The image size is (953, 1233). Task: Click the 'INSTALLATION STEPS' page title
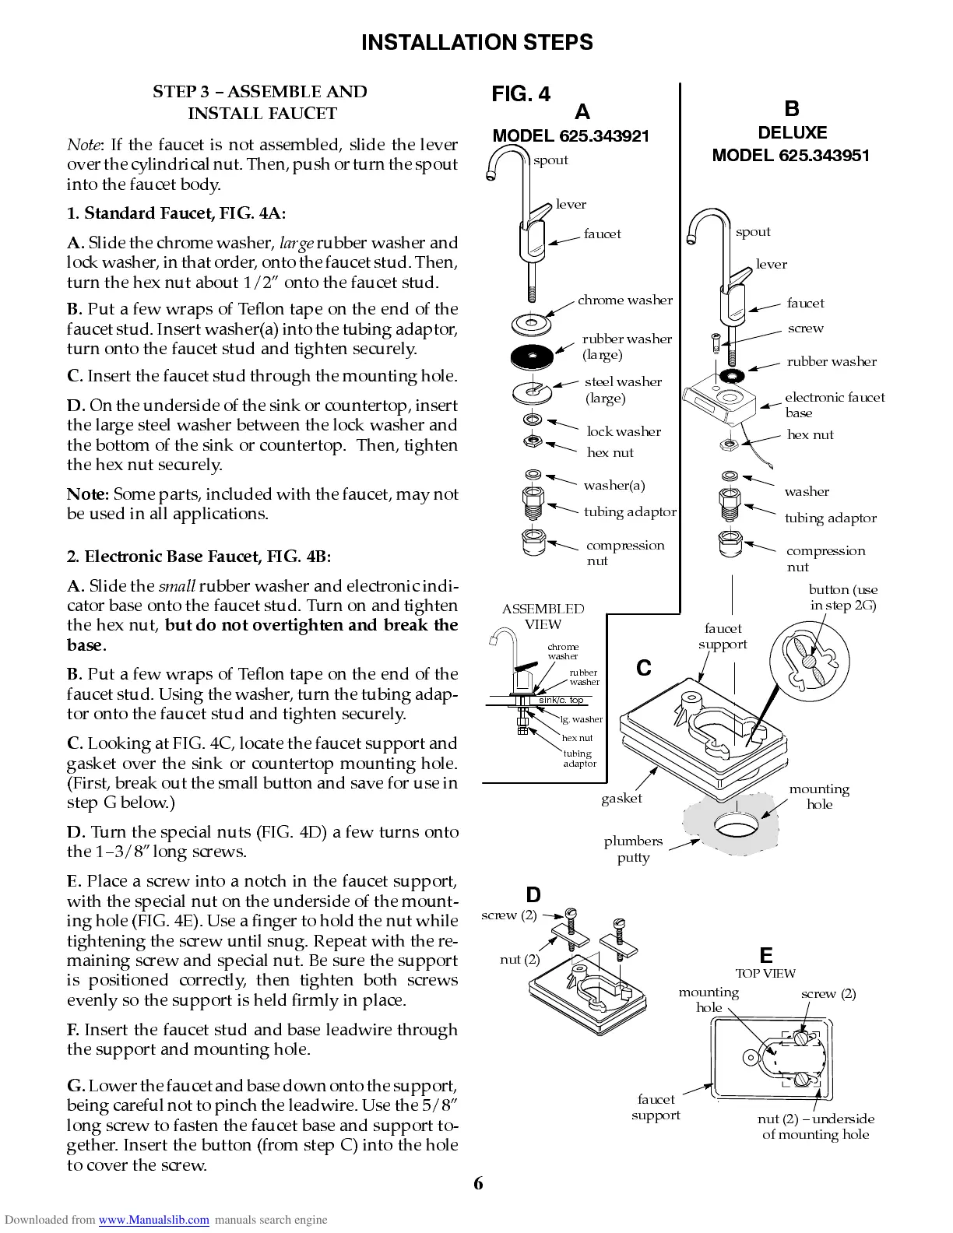click(476, 42)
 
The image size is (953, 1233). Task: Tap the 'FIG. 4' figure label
click(520, 94)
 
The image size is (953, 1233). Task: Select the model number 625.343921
click(571, 136)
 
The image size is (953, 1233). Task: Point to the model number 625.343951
click(790, 155)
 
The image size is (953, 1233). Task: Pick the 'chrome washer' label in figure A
click(624, 300)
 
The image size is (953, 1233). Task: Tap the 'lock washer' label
click(624, 431)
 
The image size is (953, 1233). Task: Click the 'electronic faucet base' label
click(834, 405)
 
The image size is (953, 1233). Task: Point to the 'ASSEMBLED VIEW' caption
click(543, 616)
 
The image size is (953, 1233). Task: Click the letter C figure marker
click(643, 668)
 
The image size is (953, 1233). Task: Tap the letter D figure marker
click(533, 895)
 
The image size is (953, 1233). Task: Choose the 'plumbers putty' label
click(633, 849)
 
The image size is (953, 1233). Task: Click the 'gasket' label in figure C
click(621, 798)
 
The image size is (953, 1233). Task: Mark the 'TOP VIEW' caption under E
click(765, 973)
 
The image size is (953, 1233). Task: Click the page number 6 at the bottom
click(477, 1184)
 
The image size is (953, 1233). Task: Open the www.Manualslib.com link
click(153, 1220)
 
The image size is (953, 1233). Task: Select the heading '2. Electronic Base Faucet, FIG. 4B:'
click(199, 557)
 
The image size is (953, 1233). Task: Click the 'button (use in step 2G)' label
click(842, 597)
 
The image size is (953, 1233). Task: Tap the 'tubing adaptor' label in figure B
click(830, 518)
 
